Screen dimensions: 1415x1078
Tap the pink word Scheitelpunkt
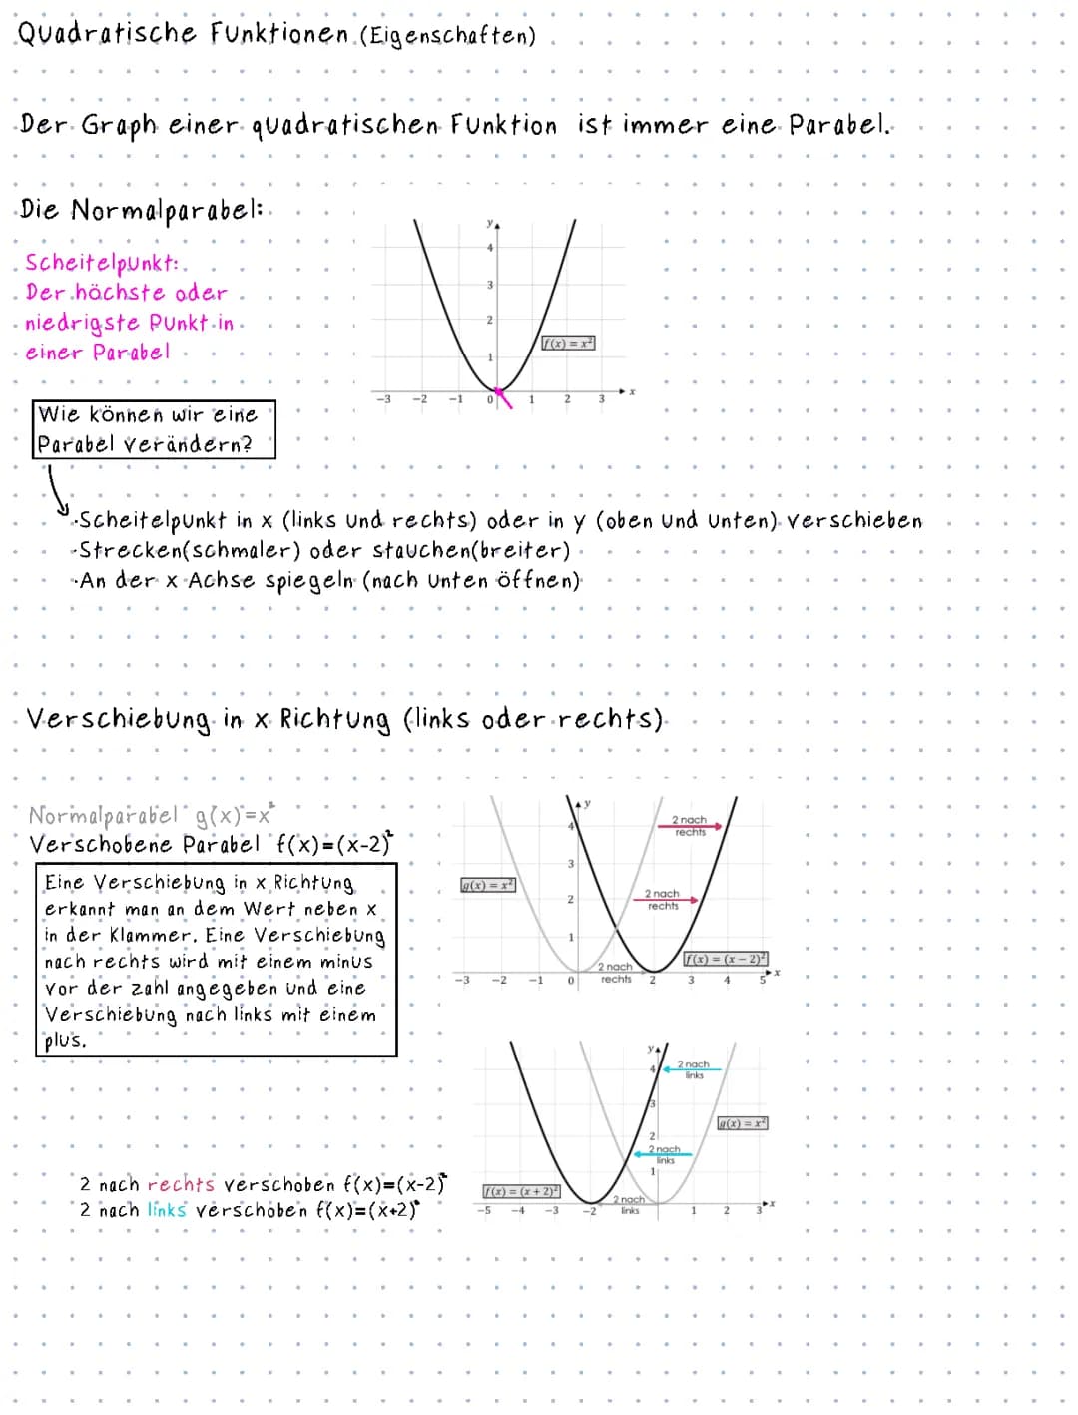click(102, 263)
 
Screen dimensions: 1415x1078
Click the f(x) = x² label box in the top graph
click(567, 343)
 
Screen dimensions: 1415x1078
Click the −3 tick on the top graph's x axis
click(383, 399)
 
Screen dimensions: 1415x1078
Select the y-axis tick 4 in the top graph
click(489, 248)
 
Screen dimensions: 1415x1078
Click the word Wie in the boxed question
click(59, 414)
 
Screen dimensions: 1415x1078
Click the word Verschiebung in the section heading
click(119, 720)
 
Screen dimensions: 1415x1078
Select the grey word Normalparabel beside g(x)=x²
click(103, 816)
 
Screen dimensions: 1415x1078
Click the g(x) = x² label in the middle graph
click(487, 885)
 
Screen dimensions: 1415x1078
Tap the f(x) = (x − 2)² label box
click(725, 959)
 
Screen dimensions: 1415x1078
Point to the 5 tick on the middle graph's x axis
click(762, 980)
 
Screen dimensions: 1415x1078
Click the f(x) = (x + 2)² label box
click(521, 1191)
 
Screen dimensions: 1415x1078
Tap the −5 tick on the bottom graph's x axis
click(484, 1211)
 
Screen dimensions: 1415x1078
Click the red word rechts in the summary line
click(181, 1185)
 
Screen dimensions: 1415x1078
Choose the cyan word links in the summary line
click(167, 1211)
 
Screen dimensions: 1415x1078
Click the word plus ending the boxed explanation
click(64, 1040)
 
